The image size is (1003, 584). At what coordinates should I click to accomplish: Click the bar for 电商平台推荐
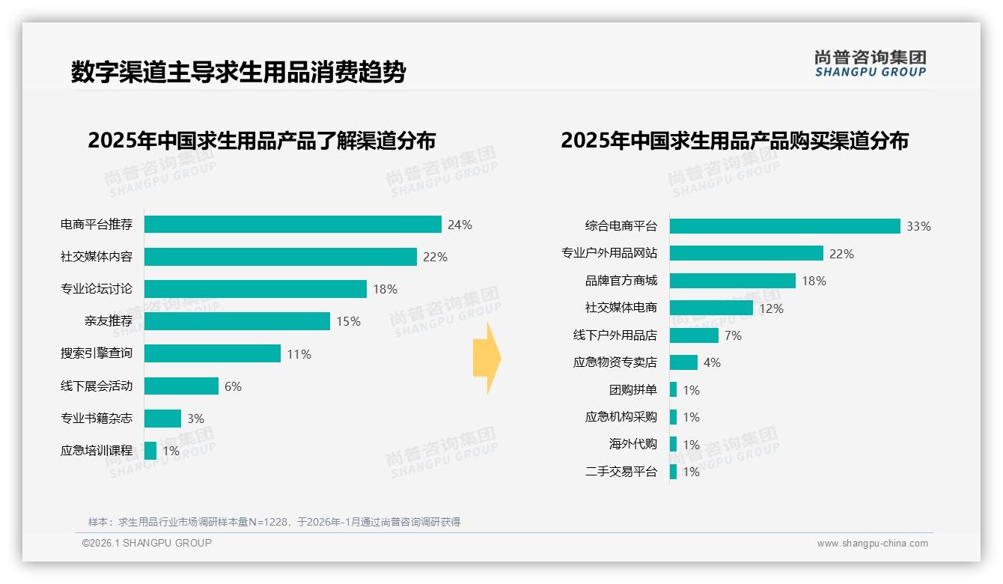[x=293, y=225]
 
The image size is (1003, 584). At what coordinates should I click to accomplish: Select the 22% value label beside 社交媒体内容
[x=435, y=257]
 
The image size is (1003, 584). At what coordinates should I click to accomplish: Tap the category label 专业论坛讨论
[x=97, y=289]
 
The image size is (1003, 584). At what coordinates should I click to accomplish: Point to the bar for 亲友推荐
[x=237, y=321]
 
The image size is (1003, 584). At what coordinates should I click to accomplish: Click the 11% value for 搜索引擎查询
[x=299, y=354]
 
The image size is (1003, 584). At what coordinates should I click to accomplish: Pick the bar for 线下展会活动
[x=181, y=386]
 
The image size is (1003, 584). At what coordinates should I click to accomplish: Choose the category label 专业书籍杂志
[x=97, y=419]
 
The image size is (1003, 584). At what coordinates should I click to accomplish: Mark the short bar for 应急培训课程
[x=150, y=451]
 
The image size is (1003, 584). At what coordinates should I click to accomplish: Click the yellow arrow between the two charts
[x=487, y=359]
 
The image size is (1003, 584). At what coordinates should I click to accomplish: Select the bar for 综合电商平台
[x=784, y=226]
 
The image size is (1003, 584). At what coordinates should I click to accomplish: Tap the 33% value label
[x=918, y=226]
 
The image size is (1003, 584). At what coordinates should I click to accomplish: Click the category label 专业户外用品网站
[x=609, y=253]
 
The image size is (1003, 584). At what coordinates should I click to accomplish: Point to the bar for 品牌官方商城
[x=732, y=281]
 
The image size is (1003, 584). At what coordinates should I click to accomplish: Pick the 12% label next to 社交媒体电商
[x=771, y=308]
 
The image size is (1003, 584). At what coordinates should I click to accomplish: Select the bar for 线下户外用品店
[x=694, y=335]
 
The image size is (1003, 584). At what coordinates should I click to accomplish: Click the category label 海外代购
[x=632, y=444]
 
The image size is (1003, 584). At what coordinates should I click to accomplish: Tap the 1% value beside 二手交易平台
[x=691, y=472]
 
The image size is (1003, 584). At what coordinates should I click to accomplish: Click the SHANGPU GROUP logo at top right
[x=871, y=64]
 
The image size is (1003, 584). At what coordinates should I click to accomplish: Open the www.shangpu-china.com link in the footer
[x=872, y=544]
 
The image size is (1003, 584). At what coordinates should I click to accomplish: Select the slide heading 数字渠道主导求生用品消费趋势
[x=238, y=73]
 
